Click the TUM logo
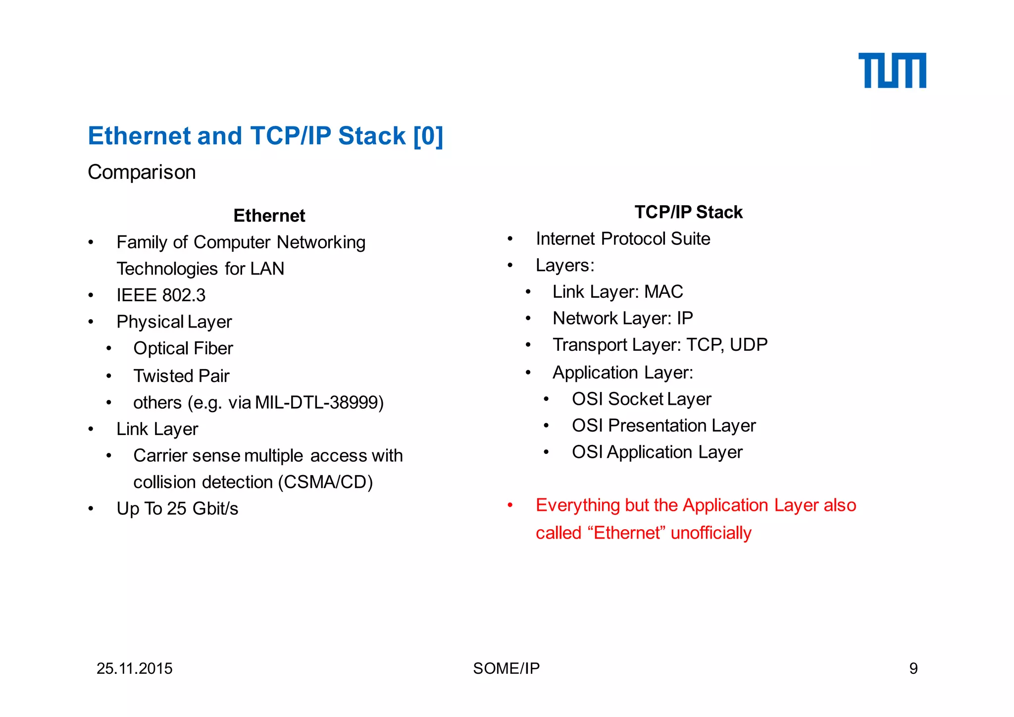892,70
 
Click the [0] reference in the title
428,136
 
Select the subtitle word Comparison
142,172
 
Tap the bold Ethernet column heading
269,216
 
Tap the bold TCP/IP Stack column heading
688,212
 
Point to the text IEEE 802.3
161,295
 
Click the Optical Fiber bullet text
183,348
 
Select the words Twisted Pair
181,376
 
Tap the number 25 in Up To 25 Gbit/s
176,509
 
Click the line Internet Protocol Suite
623,239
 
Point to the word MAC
663,292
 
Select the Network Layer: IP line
622,318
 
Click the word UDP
748,345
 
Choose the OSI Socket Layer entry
641,399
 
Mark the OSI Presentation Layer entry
663,426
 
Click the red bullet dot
510,505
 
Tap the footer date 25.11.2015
134,668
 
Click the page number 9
913,668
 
